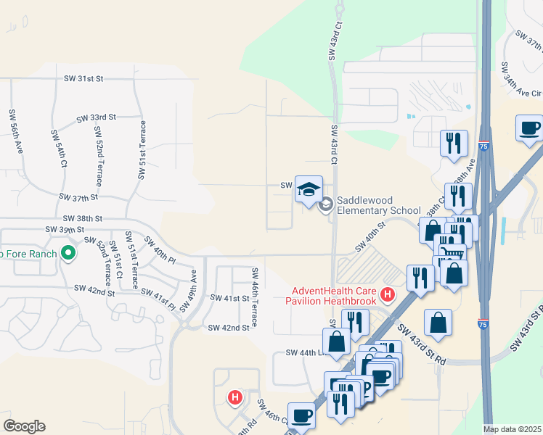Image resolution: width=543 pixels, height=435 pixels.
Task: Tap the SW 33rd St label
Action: (x=97, y=117)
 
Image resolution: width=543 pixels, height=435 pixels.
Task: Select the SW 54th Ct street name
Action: (x=59, y=149)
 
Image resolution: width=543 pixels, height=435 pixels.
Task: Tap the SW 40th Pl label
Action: (x=160, y=249)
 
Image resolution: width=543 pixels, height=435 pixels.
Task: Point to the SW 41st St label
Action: (x=229, y=298)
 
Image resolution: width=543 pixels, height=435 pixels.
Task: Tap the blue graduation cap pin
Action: (x=309, y=189)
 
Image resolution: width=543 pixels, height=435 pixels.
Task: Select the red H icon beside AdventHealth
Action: (x=388, y=295)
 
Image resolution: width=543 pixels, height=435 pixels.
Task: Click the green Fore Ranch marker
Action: (x=68, y=253)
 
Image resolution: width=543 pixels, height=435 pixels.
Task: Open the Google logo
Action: (x=24, y=426)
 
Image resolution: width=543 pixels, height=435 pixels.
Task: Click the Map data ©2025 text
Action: (x=512, y=429)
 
